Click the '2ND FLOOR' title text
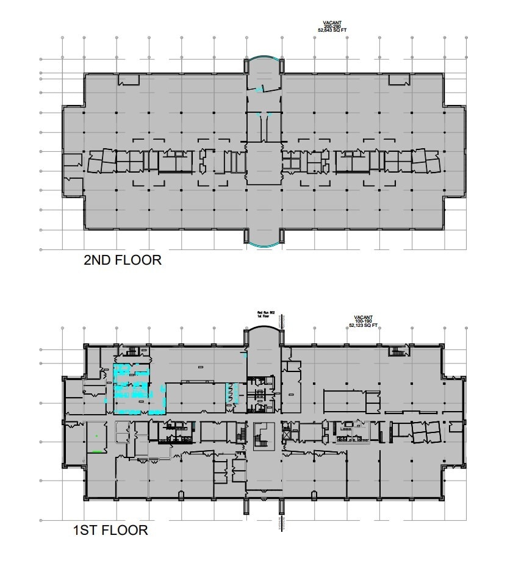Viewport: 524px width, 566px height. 122,260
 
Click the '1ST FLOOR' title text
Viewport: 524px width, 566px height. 110,530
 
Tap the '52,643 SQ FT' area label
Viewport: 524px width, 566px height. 332,29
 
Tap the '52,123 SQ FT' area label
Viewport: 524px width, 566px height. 363,326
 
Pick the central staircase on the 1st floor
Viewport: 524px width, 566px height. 264,435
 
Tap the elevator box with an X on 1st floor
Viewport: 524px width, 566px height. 287,435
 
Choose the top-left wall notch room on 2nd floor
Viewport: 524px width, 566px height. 128,79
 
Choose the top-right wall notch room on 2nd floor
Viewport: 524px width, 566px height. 399,79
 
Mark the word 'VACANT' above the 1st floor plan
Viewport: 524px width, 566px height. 363,317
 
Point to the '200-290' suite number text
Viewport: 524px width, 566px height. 332,25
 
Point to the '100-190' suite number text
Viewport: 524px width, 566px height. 363,321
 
